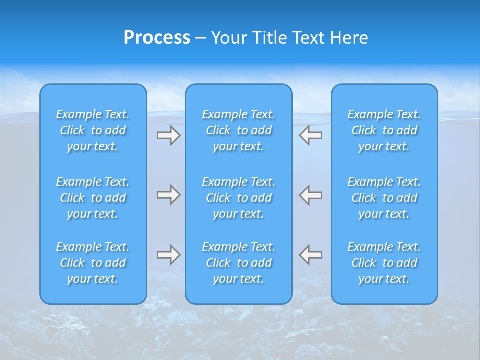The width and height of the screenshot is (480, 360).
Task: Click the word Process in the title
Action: pos(157,38)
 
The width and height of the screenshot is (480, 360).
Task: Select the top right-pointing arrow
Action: pos(168,135)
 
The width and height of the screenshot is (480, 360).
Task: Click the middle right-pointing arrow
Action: pos(168,195)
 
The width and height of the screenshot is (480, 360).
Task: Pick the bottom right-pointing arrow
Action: pos(168,255)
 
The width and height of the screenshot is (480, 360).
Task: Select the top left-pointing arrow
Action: pos(311,135)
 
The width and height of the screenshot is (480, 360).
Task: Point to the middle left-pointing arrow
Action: pos(311,195)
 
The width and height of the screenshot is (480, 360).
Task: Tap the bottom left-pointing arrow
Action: pos(311,255)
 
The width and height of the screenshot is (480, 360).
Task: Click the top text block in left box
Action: pos(93,130)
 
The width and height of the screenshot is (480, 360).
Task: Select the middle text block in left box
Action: pos(93,198)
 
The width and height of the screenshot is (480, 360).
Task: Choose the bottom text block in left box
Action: pos(93,263)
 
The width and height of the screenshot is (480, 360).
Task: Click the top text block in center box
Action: pos(238,130)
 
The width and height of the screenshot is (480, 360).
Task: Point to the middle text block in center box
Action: pos(238,198)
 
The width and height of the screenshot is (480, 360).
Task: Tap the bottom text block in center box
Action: pos(238,263)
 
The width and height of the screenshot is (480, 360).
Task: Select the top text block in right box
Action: pos(384,130)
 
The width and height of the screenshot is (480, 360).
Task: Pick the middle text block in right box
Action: pos(384,198)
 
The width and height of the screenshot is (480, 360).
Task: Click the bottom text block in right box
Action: pos(384,263)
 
